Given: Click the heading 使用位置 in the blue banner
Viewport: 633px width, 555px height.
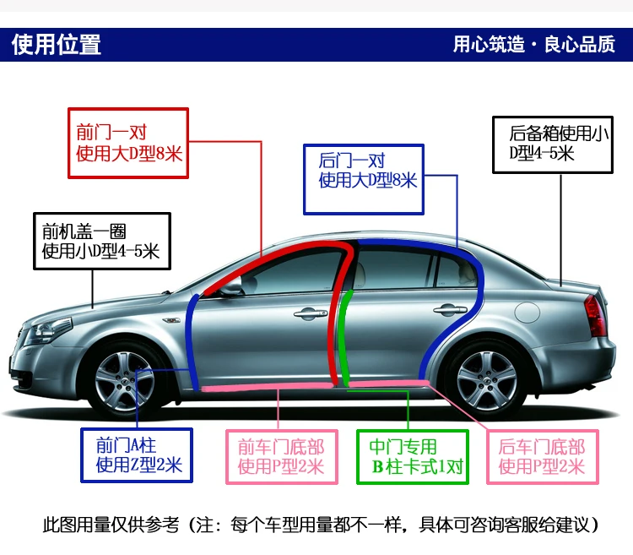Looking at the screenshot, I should [x=57, y=44].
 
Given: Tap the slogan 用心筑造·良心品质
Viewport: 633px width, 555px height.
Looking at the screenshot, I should [x=533, y=44].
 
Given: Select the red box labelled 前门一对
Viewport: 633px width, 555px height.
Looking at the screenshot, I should [x=127, y=143].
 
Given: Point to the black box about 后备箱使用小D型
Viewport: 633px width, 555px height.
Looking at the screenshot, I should [x=552, y=143].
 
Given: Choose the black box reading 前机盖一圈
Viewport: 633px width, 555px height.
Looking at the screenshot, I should [x=101, y=240].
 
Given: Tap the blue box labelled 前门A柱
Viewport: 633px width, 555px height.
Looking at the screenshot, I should [x=136, y=455].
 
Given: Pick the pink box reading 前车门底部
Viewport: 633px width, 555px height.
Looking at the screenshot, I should [x=281, y=456].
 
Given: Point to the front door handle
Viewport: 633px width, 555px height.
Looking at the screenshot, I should [x=310, y=313].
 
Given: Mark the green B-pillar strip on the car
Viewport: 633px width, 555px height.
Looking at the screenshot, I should [x=344, y=346].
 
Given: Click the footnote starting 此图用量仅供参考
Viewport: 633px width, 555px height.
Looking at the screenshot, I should [x=321, y=525].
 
